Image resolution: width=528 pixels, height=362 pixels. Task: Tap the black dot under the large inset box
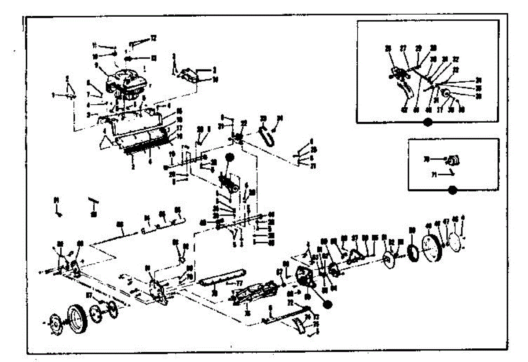(425, 123)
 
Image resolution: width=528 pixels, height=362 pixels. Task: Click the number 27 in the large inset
(403, 49)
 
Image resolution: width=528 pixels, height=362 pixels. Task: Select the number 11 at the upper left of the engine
(94, 45)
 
